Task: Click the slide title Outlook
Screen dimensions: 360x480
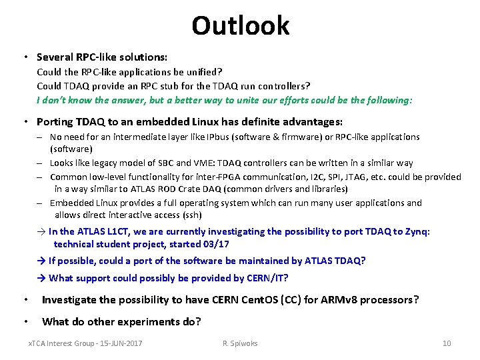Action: (x=240, y=25)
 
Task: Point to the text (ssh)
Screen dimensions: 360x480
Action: (x=189, y=215)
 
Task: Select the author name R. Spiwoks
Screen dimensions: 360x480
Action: (x=240, y=343)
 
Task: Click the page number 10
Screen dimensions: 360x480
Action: (x=447, y=343)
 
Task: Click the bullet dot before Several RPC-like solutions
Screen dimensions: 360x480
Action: (x=25, y=57)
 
